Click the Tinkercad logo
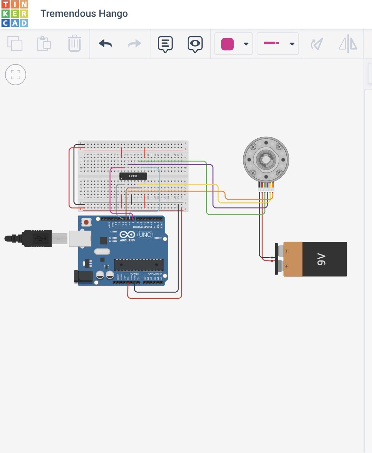click(x=14, y=14)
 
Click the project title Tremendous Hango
click(x=84, y=14)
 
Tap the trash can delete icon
click(x=74, y=44)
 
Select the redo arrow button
click(x=134, y=44)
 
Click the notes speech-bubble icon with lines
click(x=165, y=44)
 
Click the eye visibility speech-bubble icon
click(x=195, y=44)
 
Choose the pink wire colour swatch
click(x=227, y=44)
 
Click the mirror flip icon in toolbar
click(x=348, y=44)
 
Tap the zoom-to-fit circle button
click(x=16, y=75)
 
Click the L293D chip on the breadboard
click(x=133, y=176)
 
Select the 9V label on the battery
click(x=321, y=259)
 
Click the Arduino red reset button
click(x=86, y=222)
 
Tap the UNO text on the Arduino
click(x=145, y=235)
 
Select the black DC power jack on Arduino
click(x=82, y=276)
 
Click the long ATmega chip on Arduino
click(x=139, y=264)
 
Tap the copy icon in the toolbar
click(x=15, y=44)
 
